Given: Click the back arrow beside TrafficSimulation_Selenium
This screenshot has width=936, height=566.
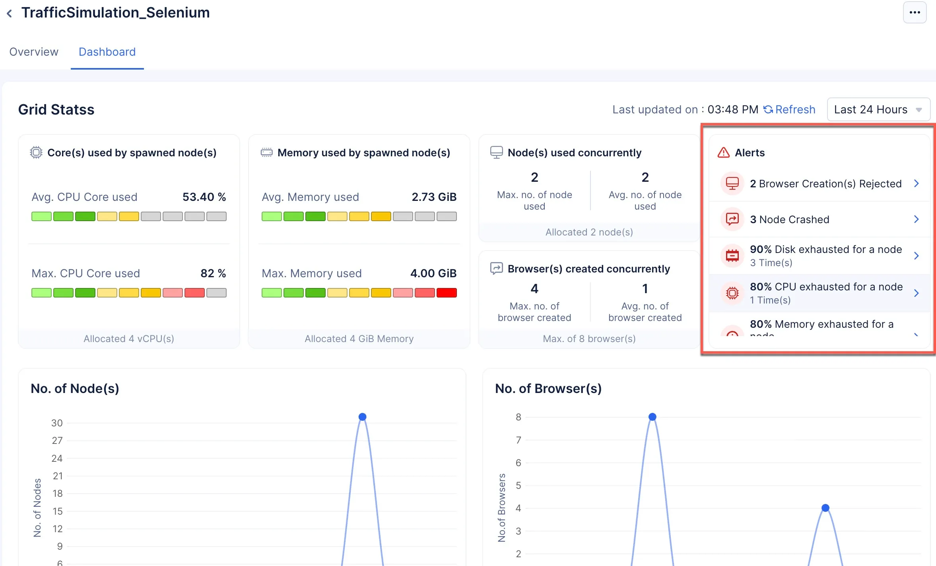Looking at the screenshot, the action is coord(10,14).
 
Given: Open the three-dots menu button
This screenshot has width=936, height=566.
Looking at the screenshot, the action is coord(915,12).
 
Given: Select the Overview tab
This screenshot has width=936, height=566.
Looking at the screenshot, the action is coord(34,52).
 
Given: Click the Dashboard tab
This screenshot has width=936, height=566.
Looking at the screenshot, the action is coord(107,52).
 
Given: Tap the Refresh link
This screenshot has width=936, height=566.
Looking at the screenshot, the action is coord(790,109).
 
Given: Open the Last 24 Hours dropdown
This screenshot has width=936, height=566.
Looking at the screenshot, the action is coord(878,109).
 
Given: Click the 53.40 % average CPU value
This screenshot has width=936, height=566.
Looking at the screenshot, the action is coord(204,197).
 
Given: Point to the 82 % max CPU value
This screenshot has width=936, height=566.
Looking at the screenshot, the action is coord(213,273).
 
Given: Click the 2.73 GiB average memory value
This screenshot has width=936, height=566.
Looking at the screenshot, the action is coord(434,197).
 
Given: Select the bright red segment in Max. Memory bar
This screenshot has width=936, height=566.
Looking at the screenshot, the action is coord(447,293).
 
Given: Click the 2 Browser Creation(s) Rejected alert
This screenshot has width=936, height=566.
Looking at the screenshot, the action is coord(825,184).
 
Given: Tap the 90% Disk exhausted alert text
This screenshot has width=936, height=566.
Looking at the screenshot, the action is coord(826,249).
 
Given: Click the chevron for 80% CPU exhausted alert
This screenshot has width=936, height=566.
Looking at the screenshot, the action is coord(917,293).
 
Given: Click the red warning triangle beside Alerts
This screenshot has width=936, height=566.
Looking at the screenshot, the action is coord(724,153).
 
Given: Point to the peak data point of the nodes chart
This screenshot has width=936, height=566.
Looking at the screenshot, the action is coord(362,417).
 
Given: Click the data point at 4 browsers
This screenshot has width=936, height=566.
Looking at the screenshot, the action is coord(825,508).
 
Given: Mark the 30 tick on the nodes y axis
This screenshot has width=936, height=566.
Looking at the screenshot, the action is coord(57,423).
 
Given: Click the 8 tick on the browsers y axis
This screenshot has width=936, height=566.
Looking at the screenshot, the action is coord(518,417).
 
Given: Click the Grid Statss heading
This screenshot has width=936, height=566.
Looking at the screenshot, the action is coord(56,109).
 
